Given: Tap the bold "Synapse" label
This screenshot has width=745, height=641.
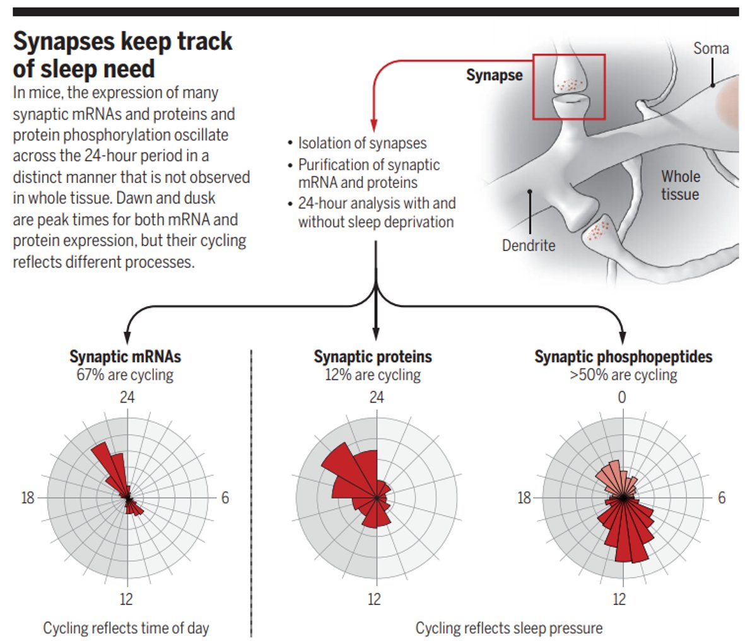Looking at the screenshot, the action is [x=494, y=76].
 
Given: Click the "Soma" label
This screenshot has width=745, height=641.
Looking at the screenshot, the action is [x=711, y=49].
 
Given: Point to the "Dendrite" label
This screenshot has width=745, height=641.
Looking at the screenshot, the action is [x=529, y=245].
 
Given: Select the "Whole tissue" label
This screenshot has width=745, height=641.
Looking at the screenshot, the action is [x=680, y=185].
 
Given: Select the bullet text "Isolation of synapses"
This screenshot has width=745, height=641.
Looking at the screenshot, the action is [x=362, y=144].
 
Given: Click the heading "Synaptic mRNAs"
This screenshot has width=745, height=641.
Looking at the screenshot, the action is [x=125, y=356].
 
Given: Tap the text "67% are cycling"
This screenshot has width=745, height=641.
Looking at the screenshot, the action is [x=125, y=375].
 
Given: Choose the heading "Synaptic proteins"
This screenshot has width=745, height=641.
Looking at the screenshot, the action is [x=373, y=356].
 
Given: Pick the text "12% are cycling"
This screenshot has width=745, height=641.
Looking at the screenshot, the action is [x=373, y=375].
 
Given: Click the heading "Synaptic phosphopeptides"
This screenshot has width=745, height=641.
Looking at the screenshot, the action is [x=623, y=356].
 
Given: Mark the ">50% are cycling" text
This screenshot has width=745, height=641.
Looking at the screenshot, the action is [x=623, y=375].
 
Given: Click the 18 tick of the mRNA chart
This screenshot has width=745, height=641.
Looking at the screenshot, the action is [x=28, y=498].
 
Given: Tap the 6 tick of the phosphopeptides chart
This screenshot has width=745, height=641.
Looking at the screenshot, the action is [x=722, y=498].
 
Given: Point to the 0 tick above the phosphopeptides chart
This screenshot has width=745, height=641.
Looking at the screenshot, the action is [x=622, y=397].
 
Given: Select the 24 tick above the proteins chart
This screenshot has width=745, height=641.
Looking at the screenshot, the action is [x=376, y=397].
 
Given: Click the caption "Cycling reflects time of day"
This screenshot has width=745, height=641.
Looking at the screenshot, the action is [x=126, y=628].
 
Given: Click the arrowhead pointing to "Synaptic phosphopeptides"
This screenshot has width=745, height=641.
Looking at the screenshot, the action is [x=623, y=336].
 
